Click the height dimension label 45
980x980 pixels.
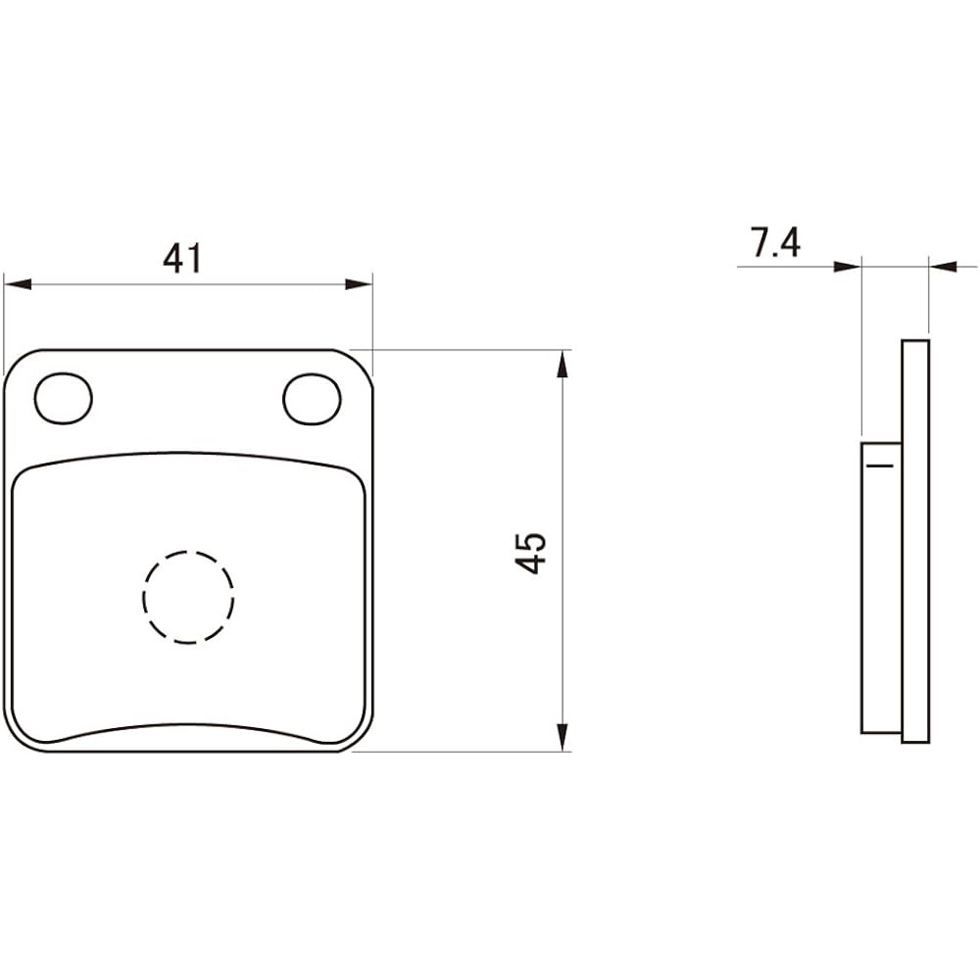click(530, 553)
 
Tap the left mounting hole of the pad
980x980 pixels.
click(64, 398)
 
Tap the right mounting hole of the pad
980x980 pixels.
click(312, 399)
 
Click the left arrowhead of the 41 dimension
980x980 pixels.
click(18, 284)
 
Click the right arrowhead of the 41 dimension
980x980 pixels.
click(360, 284)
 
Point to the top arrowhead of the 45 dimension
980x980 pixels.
click(563, 364)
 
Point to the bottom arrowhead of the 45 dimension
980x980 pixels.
click(563, 737)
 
